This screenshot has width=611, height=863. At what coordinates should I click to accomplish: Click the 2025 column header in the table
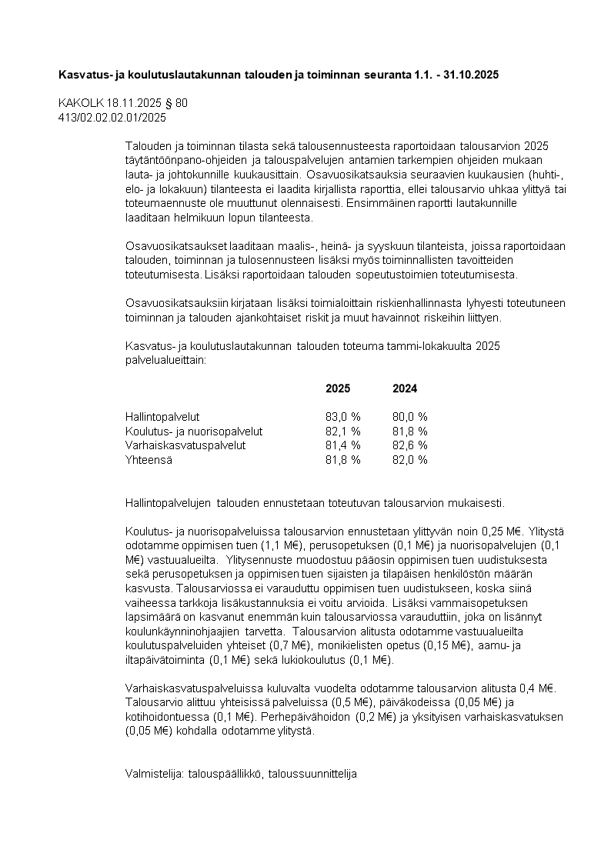tap(338, 389)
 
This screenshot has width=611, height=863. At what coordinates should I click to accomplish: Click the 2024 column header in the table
tap(405, 389)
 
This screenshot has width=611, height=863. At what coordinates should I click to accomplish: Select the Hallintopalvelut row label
tap(162, 417)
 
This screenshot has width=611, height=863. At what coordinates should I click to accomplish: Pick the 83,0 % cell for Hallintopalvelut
tap(342, 417)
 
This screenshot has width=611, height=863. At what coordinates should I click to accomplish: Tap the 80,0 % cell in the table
tap(410, 417)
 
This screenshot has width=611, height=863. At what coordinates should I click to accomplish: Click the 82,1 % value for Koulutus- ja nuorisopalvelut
tap(342, 431)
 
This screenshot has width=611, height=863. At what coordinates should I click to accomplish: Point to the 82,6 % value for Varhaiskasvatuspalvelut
tap(410, 445)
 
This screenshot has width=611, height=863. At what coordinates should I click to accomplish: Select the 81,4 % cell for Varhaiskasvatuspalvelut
tap(342, 445)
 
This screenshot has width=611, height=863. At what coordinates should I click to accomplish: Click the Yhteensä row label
tap(149, 460)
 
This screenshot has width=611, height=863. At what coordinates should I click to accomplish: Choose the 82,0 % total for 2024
tap(410, 460)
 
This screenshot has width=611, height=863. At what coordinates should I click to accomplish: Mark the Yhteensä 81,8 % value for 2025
tap(342, 460)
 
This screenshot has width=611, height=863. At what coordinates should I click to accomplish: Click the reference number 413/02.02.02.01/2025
tap(112, 118)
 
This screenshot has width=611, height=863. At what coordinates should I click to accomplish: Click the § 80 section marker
tap(177, 103)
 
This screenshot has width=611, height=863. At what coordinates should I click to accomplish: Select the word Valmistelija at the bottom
tap(153, 775)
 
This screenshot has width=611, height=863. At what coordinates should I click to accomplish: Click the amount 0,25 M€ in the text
tap(501, 530)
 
